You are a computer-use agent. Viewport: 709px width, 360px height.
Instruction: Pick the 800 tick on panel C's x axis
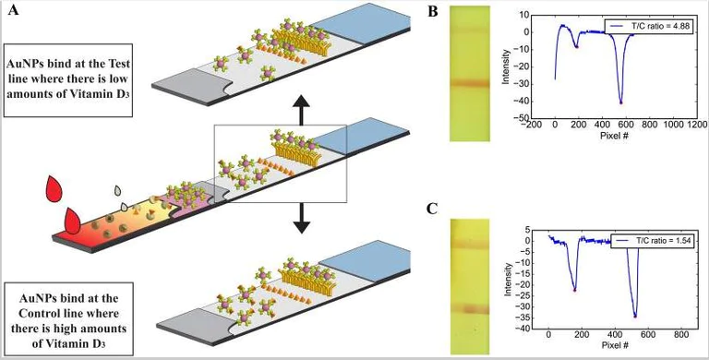(681, 335)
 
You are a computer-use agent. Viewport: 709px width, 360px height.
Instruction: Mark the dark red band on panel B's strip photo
(475, 83)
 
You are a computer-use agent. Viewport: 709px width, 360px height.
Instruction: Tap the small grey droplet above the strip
(119, 191)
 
